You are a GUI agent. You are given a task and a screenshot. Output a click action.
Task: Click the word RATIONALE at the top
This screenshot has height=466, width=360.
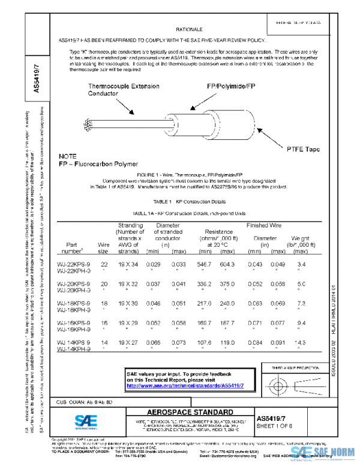pyautogui.click(x=189, y=29)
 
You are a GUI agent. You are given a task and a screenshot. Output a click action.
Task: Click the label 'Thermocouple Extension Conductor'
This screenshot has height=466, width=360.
pyautogui.click(x=124, y=90)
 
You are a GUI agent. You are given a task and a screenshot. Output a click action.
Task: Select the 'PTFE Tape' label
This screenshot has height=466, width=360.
pyautogui.click(x=304, y=149)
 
